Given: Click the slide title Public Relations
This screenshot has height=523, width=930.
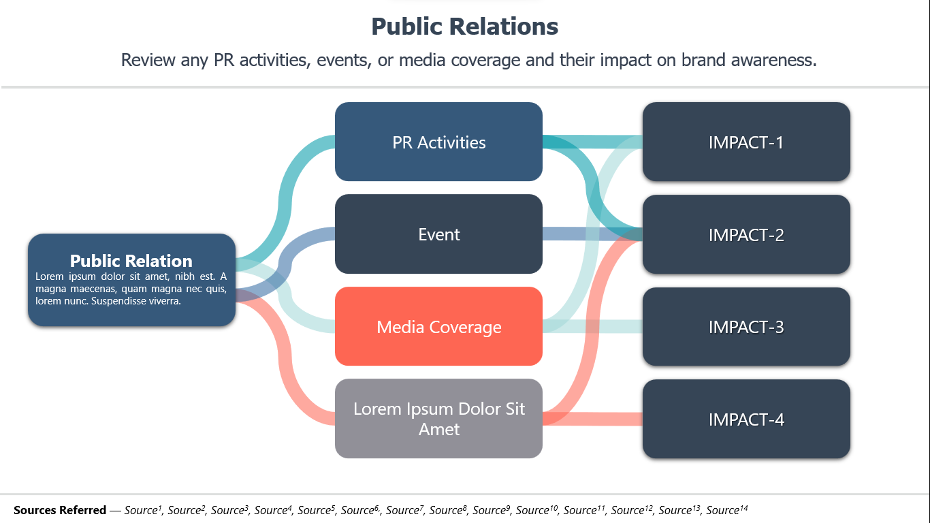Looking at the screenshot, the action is coord(464,27).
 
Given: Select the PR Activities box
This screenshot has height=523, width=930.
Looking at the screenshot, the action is coord(438,142).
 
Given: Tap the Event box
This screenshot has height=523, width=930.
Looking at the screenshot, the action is coord(438,234).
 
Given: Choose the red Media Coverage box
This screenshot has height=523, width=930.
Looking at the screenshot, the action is coord(438,326).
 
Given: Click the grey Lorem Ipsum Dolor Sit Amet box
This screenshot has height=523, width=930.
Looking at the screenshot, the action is coord(438,418).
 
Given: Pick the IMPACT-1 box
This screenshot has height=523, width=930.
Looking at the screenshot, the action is coord(746,142).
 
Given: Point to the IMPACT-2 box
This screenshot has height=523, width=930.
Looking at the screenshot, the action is coord(746,234).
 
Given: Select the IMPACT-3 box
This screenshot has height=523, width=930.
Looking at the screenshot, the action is coord(746,326).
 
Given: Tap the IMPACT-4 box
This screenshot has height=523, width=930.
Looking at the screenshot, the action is coord(746,419).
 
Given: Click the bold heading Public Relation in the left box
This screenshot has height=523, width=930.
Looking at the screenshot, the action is coord(131,261).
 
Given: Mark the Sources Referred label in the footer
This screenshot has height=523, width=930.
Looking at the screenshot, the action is coord(60,510).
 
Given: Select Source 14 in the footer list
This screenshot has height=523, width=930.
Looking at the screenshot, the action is coord(727,509).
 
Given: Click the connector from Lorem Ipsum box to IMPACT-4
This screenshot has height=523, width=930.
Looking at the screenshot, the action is coord(592,419).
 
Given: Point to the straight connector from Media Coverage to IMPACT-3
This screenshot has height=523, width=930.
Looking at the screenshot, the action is coord(592,326).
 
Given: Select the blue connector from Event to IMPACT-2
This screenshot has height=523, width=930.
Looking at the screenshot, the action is coord(592,234).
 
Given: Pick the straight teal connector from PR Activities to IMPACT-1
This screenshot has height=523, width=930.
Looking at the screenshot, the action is coord(592,142).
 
